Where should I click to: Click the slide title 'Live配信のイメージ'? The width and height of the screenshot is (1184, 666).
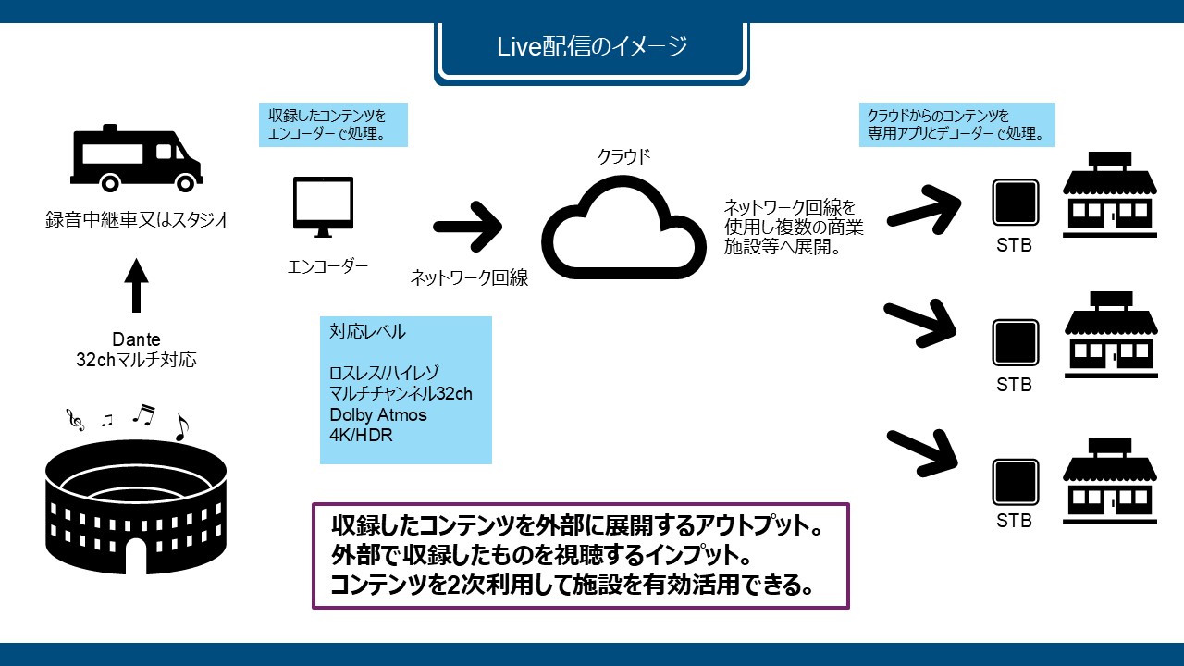591,46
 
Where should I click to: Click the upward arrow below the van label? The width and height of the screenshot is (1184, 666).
136,285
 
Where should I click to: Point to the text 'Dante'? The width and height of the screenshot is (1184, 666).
136,340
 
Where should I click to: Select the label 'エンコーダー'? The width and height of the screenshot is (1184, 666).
327,267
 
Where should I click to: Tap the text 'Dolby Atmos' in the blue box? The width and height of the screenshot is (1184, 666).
371,415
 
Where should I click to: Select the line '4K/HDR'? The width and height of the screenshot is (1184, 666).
361,435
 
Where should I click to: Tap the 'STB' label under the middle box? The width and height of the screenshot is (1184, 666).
1014,385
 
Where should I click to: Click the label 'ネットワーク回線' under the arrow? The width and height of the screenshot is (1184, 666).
469,277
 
